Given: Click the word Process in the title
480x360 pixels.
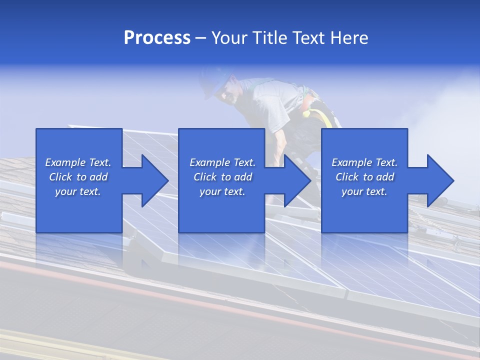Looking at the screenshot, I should click(x=157, y=37).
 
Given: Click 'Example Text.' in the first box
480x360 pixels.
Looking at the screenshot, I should click(x=78, y=162).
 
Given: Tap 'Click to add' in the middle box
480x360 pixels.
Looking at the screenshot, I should click(x=222, y=177).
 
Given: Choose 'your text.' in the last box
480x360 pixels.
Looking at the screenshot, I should click(x=364, y=191).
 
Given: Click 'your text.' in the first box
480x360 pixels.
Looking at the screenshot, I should click(x=78, y=191).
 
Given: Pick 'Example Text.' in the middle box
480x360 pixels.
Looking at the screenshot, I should click(x=222, y=162).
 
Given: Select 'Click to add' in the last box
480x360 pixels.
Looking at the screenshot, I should click(x=364, y=177).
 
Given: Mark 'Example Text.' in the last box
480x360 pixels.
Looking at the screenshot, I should click(x=364, y=162).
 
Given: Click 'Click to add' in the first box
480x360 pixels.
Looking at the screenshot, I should click(x=78, y=177).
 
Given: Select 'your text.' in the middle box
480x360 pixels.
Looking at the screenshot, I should click(x=222, y=191).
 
